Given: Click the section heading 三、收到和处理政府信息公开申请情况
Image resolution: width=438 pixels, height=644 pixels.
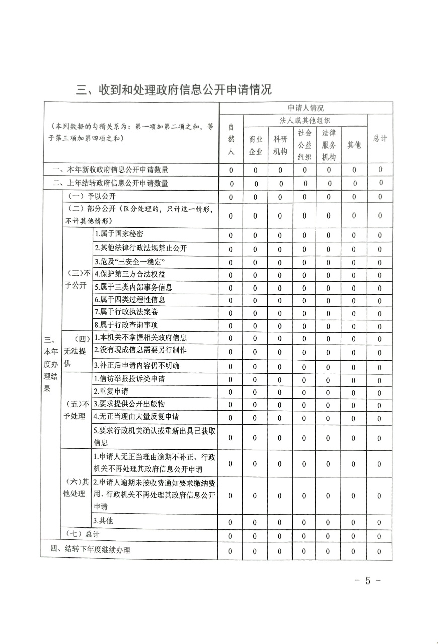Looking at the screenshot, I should pos(174,90).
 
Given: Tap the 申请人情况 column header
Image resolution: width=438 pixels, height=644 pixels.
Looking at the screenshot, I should pos(306,108).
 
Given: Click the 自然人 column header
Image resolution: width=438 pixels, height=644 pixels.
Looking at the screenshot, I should pos(231,139).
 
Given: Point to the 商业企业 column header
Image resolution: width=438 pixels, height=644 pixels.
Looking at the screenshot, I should pos(255,145).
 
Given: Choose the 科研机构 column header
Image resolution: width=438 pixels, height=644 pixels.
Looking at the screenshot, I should pos(280,145).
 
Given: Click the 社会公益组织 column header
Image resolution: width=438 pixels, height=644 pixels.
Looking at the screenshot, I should pos(304,145).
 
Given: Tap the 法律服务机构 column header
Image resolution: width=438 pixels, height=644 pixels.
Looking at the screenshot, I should pos(329,145).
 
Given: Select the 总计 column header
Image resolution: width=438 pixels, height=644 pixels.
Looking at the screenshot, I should pos(380,139).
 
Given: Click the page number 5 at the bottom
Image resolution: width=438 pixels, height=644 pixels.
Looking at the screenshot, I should pos(367,580).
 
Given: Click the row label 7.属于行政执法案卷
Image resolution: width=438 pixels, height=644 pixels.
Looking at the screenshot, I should pos(126,312).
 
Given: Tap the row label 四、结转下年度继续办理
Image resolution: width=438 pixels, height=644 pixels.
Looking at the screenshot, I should pos(90,550).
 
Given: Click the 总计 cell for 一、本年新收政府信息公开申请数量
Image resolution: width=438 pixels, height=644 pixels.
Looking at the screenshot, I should pos(380,170).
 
